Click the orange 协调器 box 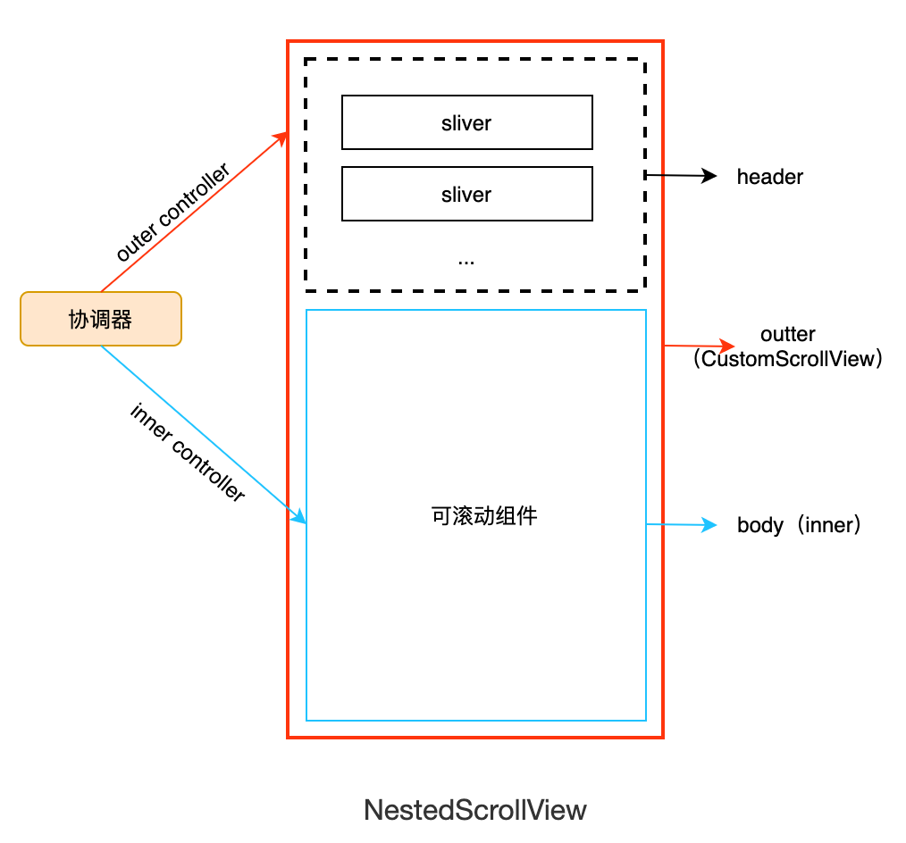(101, 319)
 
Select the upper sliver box (466, 122)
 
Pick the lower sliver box (466, 194)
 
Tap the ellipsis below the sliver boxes (466, 260)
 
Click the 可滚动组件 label (483, 516)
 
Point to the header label (769, 177)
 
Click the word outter (787, 334)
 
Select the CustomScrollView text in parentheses (787, 359)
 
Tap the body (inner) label (799, 525)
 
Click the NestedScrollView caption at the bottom (475, 810)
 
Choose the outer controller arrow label (173, 213)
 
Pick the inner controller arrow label (188, 453)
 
